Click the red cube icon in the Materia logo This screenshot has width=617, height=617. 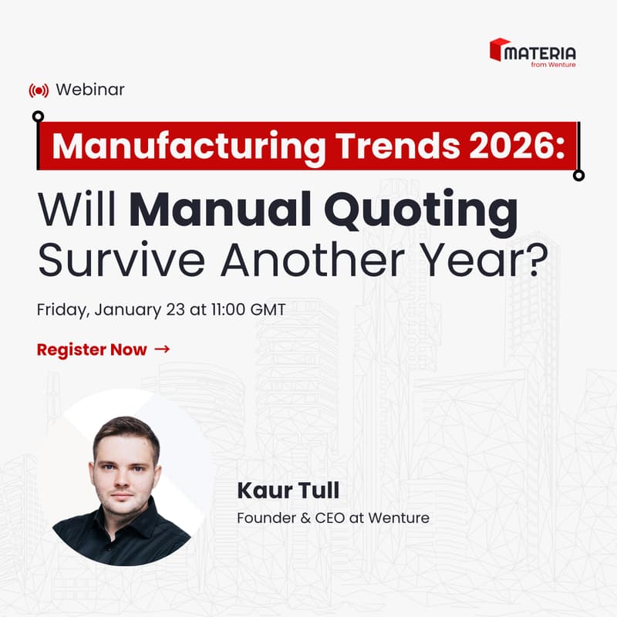[500, 50]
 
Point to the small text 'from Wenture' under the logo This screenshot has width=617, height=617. [553, 65]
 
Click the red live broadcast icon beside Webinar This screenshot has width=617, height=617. [38, 90]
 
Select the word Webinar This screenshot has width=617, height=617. [90, 89]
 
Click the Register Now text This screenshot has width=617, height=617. [91, 349]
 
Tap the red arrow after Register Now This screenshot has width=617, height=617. [162, 349]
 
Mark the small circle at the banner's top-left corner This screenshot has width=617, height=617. [38, 116]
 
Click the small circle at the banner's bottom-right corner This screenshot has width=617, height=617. [579, 175]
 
